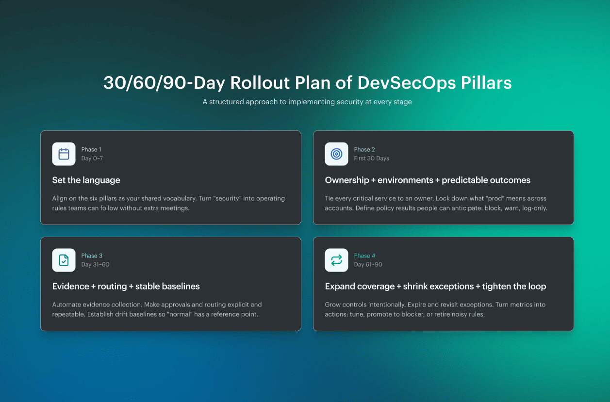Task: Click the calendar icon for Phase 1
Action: click(64, 154)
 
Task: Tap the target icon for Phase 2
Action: click(336, 154)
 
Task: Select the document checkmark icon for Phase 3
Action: click(64, 260)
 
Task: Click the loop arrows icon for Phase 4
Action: click(336, 260)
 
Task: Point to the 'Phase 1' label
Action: click(91, 150)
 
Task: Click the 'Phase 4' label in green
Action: click(364, 256)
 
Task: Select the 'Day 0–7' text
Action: click(92, 159)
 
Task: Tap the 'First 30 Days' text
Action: click(371, 159)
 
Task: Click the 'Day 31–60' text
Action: click(95, 265)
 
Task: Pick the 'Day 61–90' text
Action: click(368, 265)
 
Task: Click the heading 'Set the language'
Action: click(86, 180)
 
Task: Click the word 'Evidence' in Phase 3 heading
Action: click(70, 287)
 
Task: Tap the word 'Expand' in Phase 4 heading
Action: click(339, 287)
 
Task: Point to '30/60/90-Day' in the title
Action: click(164, 83)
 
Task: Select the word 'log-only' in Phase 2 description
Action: click(534, 208)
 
